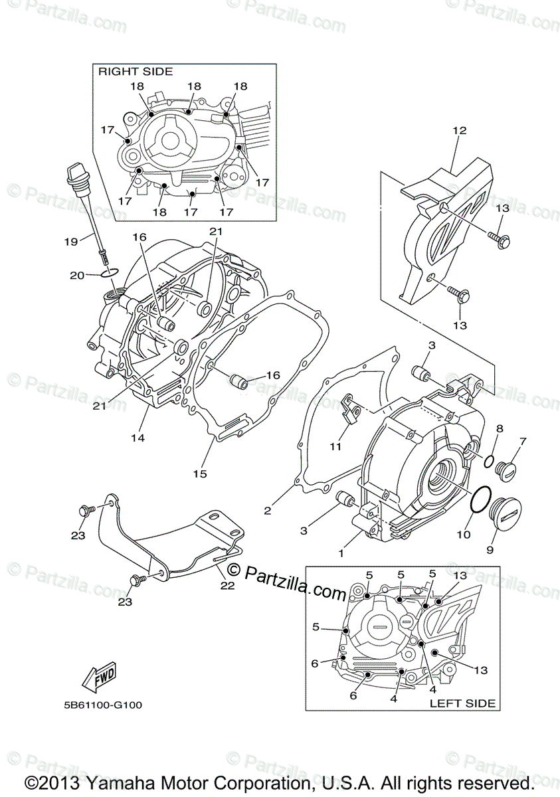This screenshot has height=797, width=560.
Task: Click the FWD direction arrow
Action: [99, 675]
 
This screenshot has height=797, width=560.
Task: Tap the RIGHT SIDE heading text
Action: [136, 71]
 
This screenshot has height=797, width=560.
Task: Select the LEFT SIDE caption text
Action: [462, 703]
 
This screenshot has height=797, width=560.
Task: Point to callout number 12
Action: [460, 130]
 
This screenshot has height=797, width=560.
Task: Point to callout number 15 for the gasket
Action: [200, 474]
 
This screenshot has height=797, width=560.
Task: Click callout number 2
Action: [267, 511]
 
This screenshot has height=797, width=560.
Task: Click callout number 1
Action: [342, 553]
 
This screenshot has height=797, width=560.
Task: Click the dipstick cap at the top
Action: [74, 177]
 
